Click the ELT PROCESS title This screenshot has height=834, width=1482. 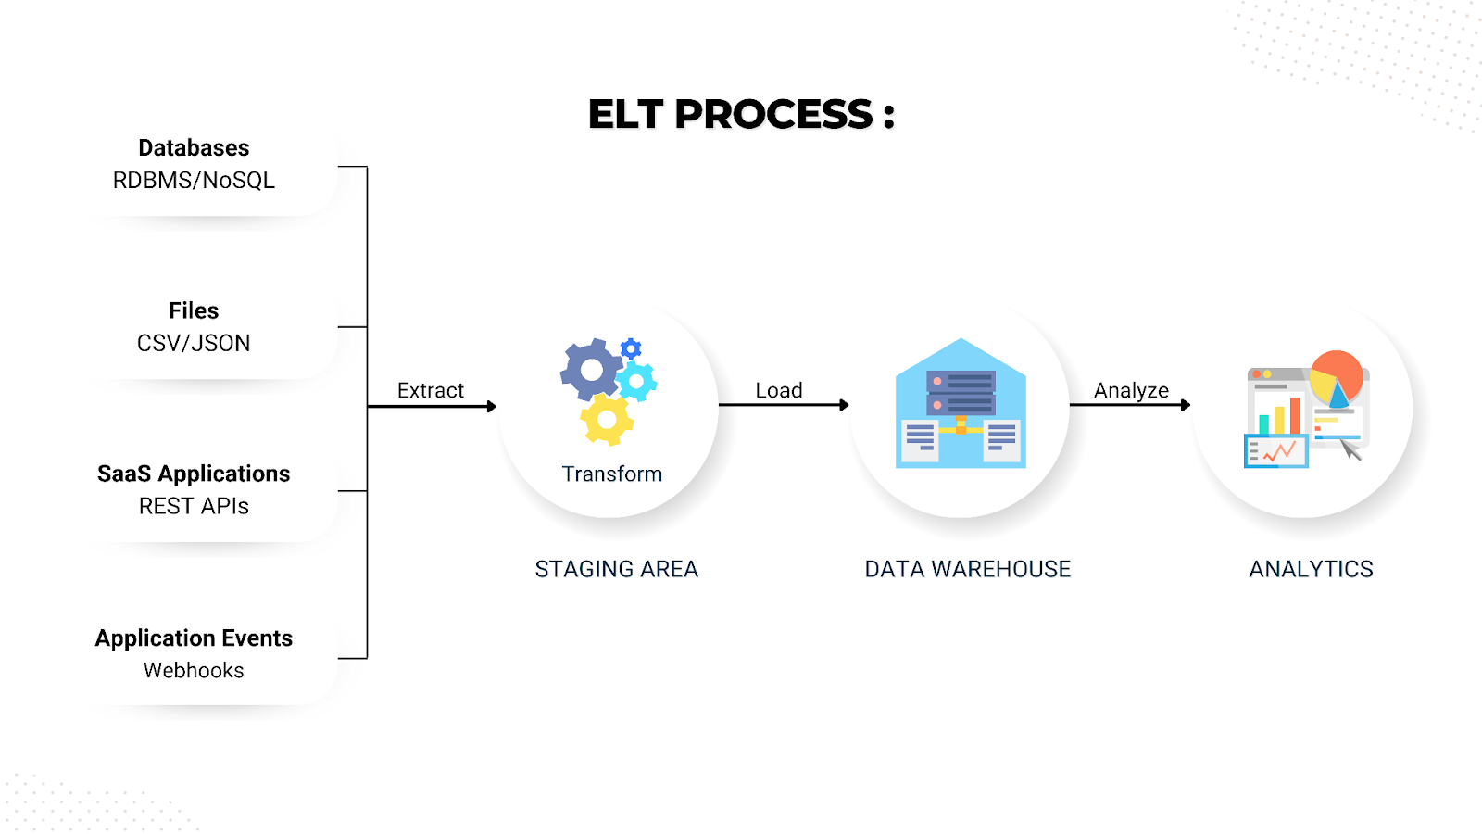(x=741, y=115)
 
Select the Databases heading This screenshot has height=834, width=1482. (x=194, y=148)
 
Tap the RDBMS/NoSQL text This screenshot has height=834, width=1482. (x=194, y=181)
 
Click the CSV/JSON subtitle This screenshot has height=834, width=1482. (x=194, y=344)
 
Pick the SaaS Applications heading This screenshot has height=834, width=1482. (x=194, y=474)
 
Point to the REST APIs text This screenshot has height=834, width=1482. (x=194, y=506)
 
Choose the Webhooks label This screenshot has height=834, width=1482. (x=194, y=670)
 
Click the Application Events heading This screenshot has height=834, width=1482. (x=194, y=638)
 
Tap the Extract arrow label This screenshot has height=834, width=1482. (x=431, y=390)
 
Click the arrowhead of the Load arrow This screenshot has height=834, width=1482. (x=844, y=405)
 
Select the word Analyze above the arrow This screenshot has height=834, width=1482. (x=1131, y=390)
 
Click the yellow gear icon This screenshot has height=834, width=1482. (x=607, y=420)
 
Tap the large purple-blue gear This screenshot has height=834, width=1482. (x=591, y=370)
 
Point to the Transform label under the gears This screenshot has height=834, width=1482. (x=611, y=474)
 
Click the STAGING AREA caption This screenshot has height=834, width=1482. (x=616, y=569)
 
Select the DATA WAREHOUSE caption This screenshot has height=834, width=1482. (x=967, y=569)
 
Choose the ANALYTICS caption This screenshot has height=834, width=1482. (x=1311, y=569)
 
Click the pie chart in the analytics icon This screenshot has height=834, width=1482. (x=1337, y=378)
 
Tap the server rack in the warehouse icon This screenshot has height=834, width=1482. (x=961, y=393)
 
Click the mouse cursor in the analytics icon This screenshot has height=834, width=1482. (x=1351, y=450)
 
